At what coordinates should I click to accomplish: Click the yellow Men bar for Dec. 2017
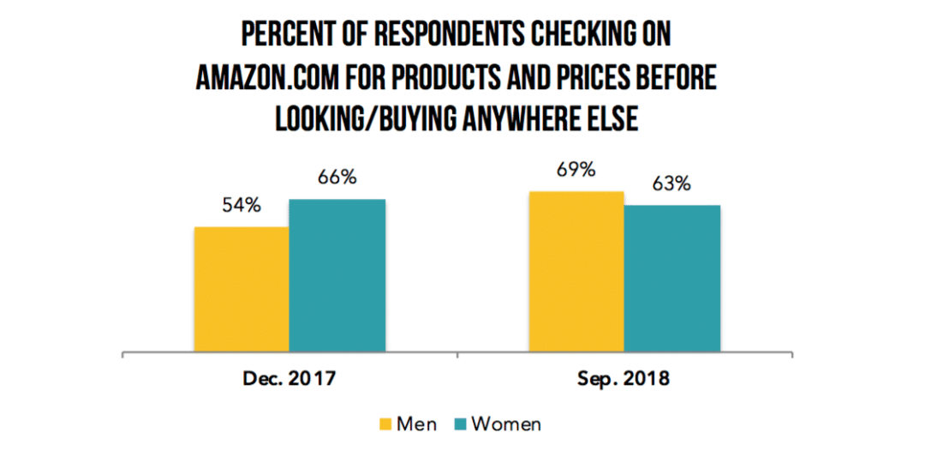pyautogui.click(x=242, y=290)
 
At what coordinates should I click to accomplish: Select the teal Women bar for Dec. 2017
pyautogui.click(x=337, y=275)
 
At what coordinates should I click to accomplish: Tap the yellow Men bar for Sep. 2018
pyautogui.click(x=576, y=272)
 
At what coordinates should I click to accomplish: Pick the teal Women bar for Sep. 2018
pyautogui.click(x=672, y=279)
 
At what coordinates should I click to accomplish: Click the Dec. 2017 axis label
pyautogui.click(x=289, y=380)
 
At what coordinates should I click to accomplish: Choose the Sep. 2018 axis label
pyautogui.click(x=624, y=380)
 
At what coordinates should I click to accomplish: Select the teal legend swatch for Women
pyautogui.click(x=460, y=424)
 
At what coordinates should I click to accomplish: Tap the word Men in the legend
pyautogui.click(x=416, y=424)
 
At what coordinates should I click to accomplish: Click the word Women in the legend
pyautogui.click(x=506, y=424)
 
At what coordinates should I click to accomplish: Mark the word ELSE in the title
pyautogui.click(x=612, y=119)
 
